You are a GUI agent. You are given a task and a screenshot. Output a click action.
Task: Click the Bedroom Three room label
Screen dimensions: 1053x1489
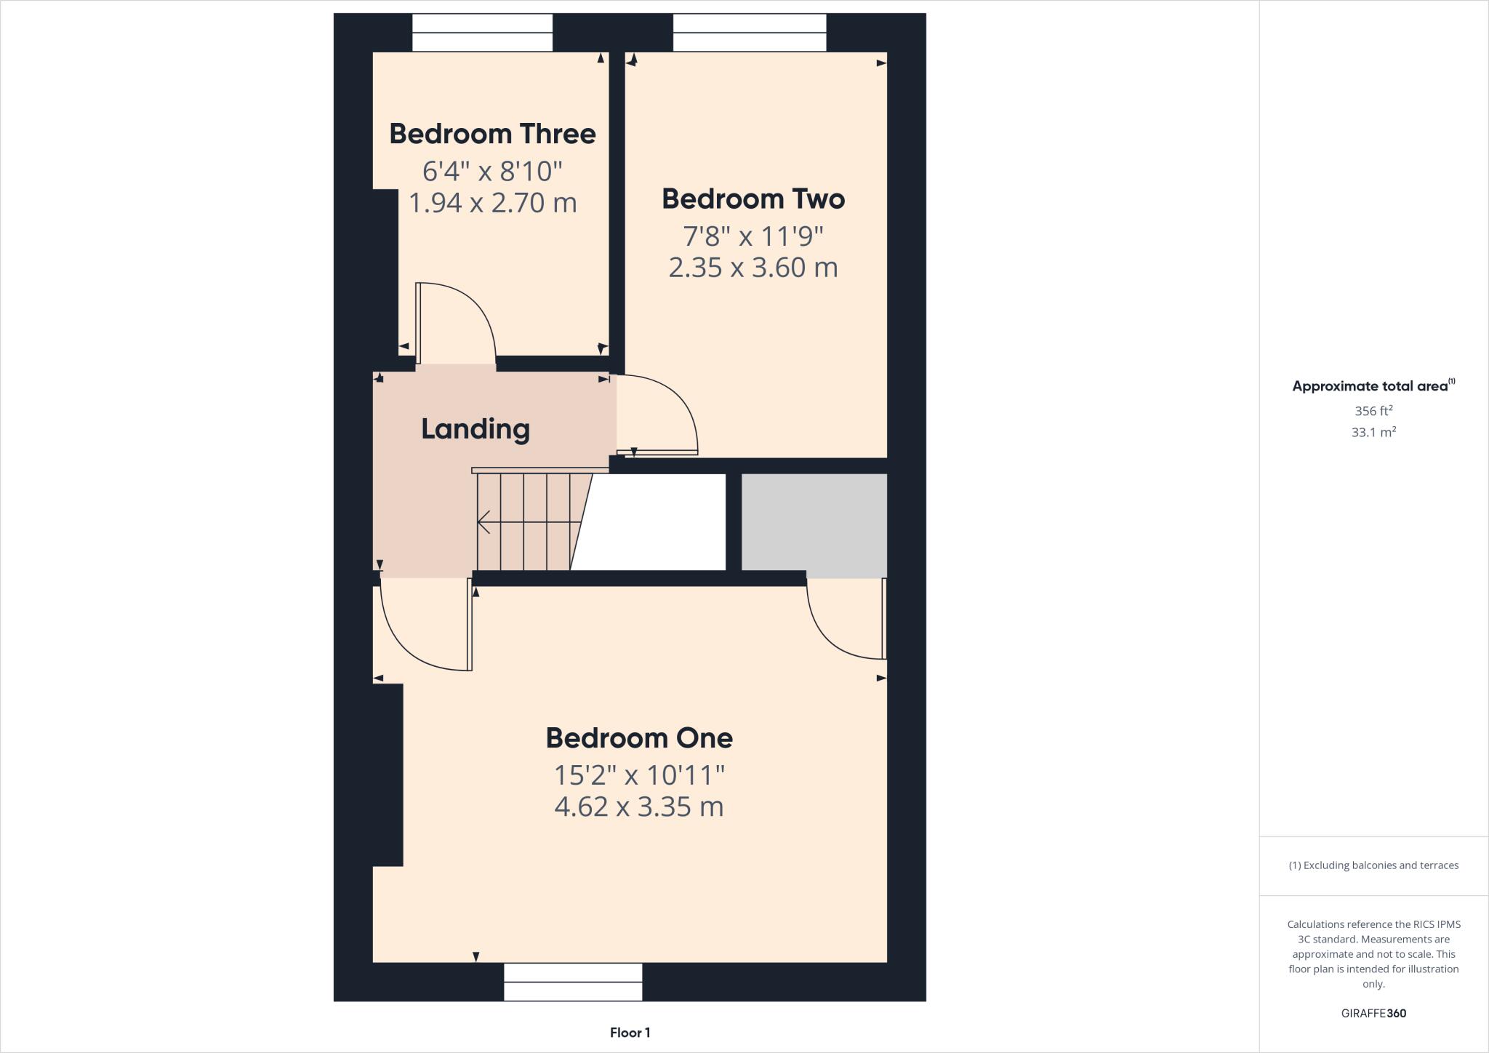(492, 134)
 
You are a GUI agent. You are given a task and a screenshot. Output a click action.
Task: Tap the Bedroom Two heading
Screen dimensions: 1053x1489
(752, 199)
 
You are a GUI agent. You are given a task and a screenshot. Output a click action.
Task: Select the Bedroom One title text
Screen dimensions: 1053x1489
(639, 738)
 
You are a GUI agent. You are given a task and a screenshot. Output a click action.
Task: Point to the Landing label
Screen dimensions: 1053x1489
(475, 429)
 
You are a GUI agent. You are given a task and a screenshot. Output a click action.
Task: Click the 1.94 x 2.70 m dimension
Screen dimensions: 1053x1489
(492, 203)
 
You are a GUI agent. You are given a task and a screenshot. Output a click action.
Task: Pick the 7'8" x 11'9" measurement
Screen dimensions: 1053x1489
(752, 236)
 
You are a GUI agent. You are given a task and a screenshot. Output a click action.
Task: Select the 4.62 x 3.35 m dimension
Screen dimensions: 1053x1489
(639, 807)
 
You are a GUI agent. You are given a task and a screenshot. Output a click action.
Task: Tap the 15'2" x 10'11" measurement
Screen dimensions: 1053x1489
(639, 775)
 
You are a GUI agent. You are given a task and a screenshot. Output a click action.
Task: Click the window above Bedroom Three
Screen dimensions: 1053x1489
(482, 33)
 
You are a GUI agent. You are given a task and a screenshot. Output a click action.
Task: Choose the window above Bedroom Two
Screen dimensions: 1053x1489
(749, 33)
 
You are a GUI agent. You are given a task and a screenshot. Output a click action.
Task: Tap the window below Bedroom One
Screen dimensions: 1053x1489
(573, 982)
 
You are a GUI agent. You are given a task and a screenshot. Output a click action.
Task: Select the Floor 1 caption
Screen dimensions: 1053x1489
(630, 1033)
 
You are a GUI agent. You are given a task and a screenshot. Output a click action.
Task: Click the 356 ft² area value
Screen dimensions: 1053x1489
(1373, 411)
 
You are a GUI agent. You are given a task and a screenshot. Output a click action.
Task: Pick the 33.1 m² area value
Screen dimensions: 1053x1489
(1373, 432)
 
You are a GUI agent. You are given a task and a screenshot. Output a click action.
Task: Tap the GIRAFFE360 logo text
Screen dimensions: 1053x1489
(1373, 1013)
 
